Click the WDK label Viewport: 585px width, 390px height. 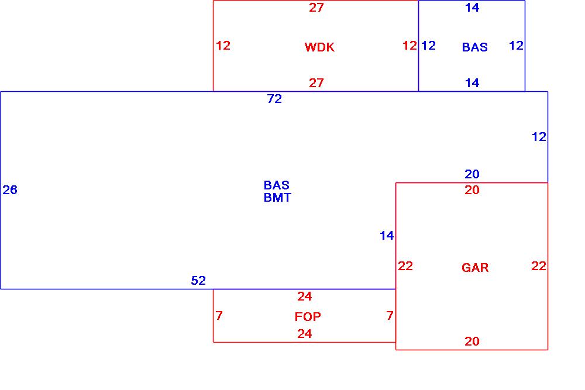319,47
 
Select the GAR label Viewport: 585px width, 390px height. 474,268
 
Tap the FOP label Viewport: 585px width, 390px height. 308,317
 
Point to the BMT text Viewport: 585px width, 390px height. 277,198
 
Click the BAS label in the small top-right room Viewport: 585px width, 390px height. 474,47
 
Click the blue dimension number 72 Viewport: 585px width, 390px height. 274,99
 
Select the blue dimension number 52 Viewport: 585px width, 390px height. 198,281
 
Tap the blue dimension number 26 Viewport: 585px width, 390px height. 10,189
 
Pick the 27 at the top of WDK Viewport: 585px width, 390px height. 316,8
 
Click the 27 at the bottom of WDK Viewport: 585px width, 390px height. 316,83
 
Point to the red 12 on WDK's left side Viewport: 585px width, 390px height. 223,46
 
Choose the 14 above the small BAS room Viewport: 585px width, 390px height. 472,8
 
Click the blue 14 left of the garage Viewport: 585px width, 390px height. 387,236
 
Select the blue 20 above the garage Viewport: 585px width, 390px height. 472,174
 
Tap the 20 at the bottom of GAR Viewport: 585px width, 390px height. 472,341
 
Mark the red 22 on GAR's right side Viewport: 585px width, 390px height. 539,266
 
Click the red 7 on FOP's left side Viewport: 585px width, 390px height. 219,316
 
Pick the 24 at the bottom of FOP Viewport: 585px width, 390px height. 304,334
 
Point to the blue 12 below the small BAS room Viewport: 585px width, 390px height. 539,137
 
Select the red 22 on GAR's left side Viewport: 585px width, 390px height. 405,266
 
